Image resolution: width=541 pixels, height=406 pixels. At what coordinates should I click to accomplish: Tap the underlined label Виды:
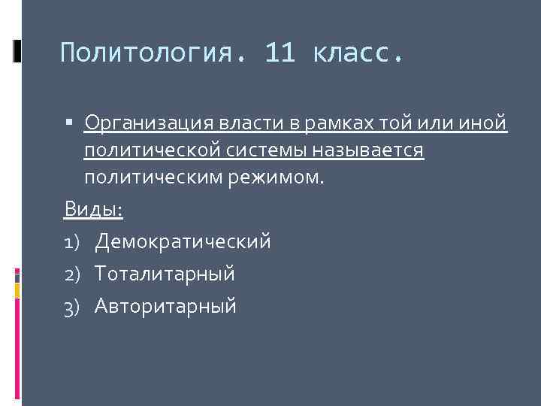(93, 209)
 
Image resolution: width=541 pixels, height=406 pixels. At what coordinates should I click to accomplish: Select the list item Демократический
(183, 241)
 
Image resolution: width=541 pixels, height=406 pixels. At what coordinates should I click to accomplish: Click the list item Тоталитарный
(165, 274)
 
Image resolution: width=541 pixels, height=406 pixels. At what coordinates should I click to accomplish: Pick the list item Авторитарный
(165, 306)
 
